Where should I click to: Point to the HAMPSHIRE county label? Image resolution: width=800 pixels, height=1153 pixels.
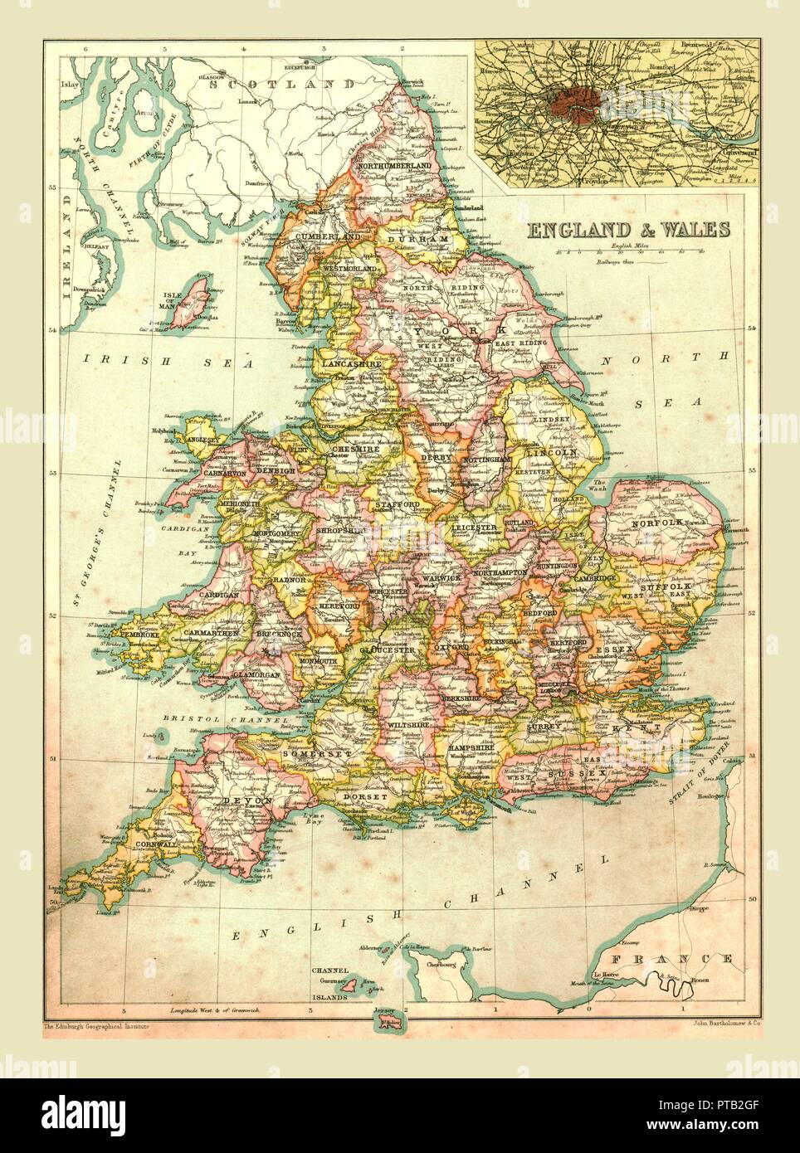coord(477,747)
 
